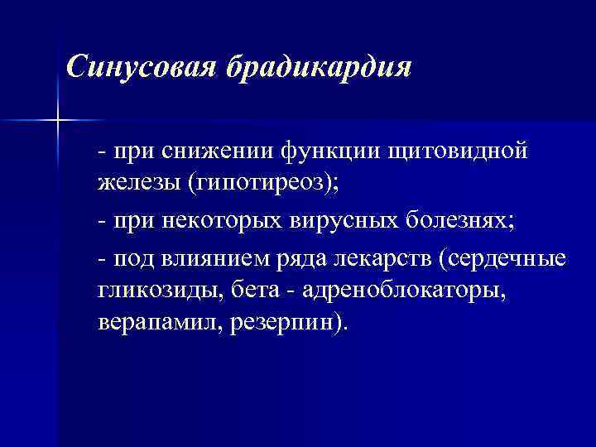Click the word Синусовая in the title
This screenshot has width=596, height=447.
[x=142, y=65]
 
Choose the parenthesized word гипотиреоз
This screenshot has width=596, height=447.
[x=262, y=183]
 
